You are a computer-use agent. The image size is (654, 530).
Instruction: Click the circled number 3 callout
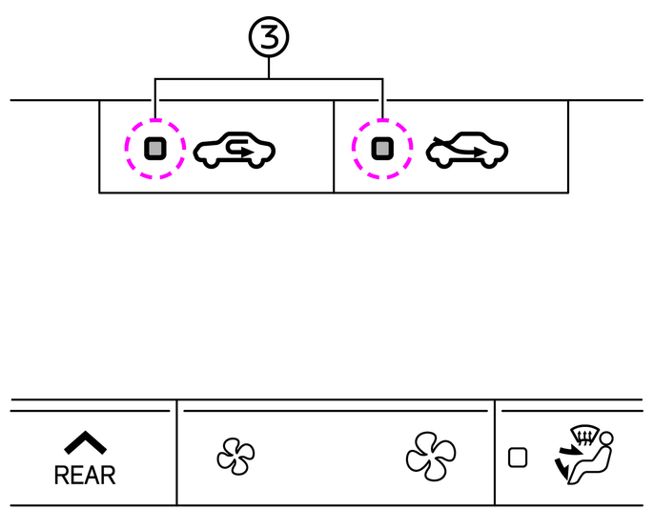click(x=269, y=38)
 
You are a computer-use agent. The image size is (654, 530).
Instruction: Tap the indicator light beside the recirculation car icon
click(x=155, y=148)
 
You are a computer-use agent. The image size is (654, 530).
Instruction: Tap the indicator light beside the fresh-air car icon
click(x=382, y=148)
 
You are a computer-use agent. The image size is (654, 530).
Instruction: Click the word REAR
click(x=85, y=474)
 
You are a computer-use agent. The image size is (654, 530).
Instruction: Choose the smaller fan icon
click(x=235, y=454)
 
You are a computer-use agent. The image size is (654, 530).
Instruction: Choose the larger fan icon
click(x=430, y=454)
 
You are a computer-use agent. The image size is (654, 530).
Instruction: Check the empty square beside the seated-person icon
click(x=518, y=458)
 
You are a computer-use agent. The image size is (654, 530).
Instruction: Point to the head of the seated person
click(x=605, y=439)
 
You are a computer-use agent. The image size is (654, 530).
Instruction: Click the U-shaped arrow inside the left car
click(x=240, y=150)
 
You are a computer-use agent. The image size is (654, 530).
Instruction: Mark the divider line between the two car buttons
click(x=334, y=146)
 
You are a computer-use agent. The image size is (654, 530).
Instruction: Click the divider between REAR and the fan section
click(x=176, y=453)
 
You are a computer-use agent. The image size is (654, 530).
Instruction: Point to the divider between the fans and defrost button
click(x=495, y=453)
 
